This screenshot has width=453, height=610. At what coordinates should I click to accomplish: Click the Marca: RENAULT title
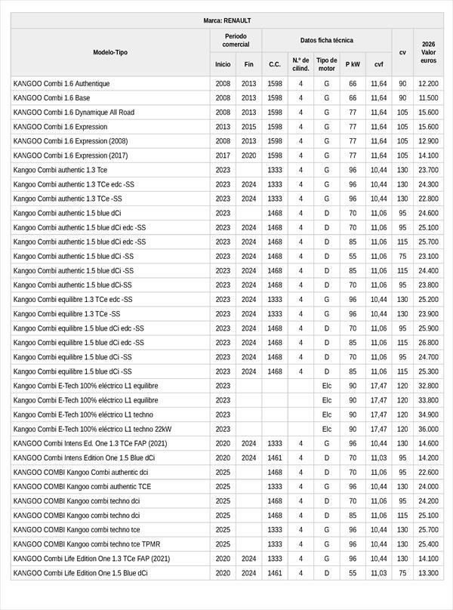click(x=226, y=20)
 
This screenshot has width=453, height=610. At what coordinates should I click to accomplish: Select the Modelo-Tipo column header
click(x=110, y=52)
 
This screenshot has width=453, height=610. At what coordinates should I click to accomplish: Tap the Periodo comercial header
click(x=236, y=40)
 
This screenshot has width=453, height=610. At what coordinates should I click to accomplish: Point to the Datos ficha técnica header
click(x=326, y=40)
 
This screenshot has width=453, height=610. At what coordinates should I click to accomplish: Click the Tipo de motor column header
click(x=327, y=64)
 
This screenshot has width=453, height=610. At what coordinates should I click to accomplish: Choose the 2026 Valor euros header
click(x=428, y=52)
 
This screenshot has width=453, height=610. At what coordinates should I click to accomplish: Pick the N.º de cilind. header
click(x=300, y=64)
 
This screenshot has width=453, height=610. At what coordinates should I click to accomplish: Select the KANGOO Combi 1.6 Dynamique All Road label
click(x=74, y=112)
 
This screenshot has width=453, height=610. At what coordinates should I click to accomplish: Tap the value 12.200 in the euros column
click(x=428, y=84)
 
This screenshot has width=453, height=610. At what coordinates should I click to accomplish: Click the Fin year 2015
click(x=248, y=127)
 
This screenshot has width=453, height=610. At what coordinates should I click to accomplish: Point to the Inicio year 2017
click(x=223, y=156)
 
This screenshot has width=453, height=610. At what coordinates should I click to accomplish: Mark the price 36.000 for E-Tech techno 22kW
click(x=428, y=429)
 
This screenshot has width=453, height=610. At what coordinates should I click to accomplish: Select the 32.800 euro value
click(x=428, y=386)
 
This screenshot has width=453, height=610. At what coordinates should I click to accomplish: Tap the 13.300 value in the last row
click(x=428, y=573)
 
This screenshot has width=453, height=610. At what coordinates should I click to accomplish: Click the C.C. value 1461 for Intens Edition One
click(x=275, y=457)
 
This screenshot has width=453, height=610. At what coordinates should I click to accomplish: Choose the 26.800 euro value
click(x=428, y=343)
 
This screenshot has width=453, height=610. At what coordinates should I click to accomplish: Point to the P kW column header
click(x=353, y=64)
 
